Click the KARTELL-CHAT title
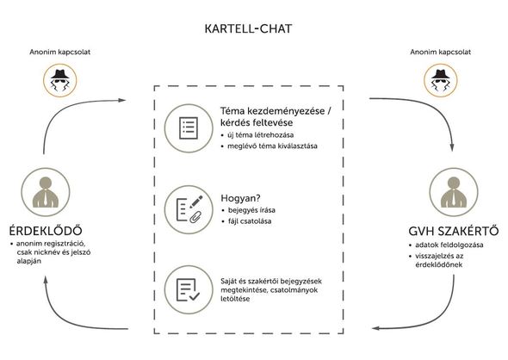(x=248, y=28)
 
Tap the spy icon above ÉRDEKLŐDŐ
(x=60, y=80)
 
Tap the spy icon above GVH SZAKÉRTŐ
(x=441, y=80)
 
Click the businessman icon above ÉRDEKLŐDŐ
(x=46, y=192)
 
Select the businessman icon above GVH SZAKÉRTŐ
(x=454, y=192)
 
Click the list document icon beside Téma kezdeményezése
(x=189, y=128)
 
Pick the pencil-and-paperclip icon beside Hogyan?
(x=189, y=209)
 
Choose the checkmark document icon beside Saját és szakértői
(x=189, y=289)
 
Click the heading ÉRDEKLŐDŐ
(x=46, y=231)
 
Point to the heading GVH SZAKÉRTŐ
(x=453, y=231)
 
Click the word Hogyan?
(x=240, y=198)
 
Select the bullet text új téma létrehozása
(x=261, y=135)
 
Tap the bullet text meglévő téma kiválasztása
(x=272, y=146)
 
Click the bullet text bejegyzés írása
(x=251, y=210)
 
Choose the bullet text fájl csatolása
(x=250, y=221)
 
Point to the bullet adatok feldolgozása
(x=449, y=245)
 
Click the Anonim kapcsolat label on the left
(x=60, y=52)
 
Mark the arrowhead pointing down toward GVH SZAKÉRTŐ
(x=452, y=147)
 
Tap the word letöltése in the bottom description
(x=235, y=299)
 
